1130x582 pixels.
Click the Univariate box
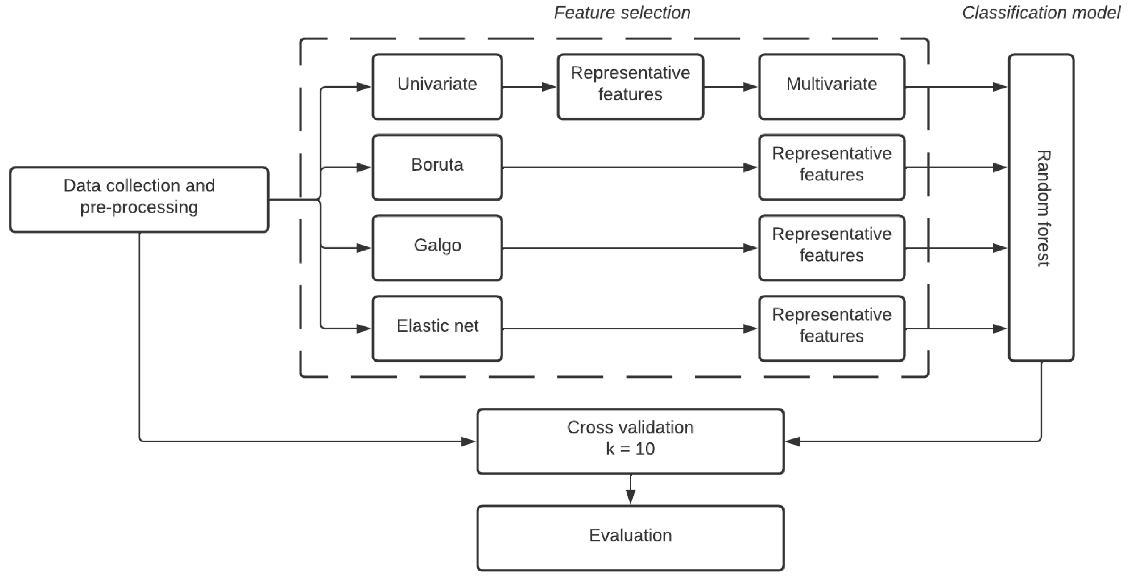point(437,86)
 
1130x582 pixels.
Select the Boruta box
point(437,167)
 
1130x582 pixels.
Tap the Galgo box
point(437,248)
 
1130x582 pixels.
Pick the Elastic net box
point(437,328)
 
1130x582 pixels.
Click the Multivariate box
point(831,86)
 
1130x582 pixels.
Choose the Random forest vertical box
point(1041,208)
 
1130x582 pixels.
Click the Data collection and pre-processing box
point(139,199)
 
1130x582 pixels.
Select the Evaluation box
point(630,538)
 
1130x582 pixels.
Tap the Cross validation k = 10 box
point(630,441)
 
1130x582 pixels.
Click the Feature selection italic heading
point(622,13)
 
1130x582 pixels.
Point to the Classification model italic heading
point(1041,13)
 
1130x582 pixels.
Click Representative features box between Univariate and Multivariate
point(630,86)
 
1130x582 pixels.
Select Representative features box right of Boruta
point(831,167)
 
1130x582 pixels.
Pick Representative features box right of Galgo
point(831,248)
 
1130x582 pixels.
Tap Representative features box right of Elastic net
point(831,328)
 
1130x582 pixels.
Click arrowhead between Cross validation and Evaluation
point(630,497)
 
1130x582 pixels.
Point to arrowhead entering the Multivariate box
point(750,87)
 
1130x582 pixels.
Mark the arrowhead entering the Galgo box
point(364,248)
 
